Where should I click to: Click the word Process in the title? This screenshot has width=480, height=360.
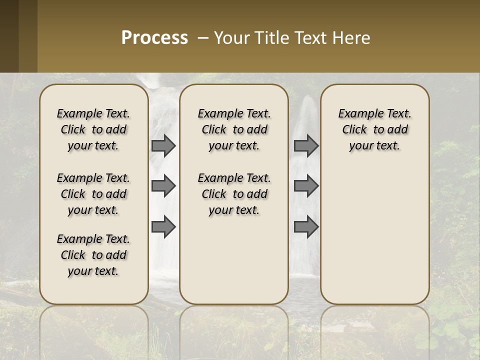pos(154,38)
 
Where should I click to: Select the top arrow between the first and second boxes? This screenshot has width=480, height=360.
pos(163,145)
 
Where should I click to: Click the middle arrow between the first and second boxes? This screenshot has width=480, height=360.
pos(163,186)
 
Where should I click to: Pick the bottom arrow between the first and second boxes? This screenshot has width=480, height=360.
pos(163,227)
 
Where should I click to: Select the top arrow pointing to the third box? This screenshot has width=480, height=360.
pos(306,145)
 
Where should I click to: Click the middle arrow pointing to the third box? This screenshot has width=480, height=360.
pos(306,186)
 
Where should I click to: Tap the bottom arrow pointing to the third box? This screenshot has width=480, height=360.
pos(306,227)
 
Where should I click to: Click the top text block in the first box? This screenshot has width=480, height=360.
pos(93,129)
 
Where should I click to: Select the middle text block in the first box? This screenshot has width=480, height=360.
pos(93,194)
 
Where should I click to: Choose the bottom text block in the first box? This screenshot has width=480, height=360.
pos(93,255)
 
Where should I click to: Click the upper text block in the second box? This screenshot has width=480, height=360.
pos(234,129)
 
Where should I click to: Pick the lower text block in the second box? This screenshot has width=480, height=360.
pos(234,194)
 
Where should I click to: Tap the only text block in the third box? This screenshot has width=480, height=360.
pos(375,129)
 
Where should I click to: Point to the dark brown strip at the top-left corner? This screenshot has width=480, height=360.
pos(9,36)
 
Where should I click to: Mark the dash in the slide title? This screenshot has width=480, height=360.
pos(203,38)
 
